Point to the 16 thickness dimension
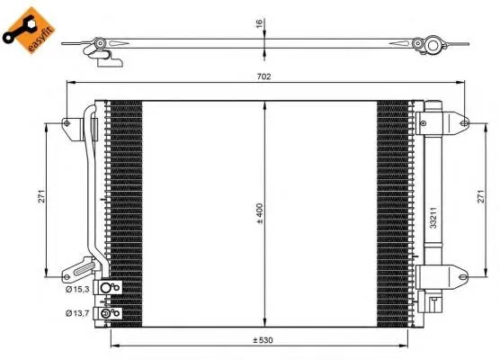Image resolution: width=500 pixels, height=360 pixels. click(258, 24)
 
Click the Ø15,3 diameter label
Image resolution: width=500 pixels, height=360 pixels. click(76, 288)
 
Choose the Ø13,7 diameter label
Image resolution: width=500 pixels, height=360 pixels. click(76, 312)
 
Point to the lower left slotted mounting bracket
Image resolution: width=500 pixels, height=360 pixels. click(79, 268)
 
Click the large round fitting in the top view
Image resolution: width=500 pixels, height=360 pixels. click(433, 44)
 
